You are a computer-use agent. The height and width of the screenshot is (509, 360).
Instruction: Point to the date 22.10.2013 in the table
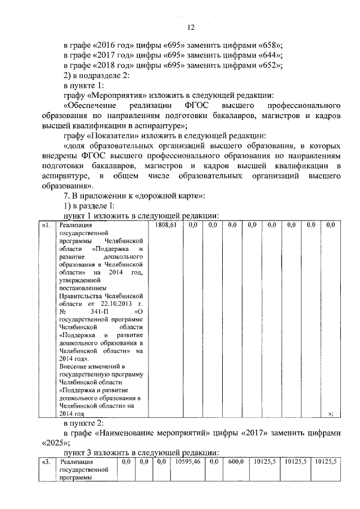tap(119, 303)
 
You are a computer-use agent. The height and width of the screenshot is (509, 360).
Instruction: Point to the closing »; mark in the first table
tap(331, 413)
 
